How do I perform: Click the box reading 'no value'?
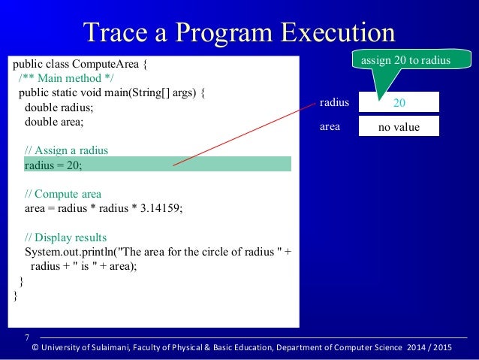398,127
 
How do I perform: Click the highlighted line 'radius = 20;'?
53,164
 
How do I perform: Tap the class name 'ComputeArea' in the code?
107,64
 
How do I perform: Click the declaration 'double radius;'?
60,107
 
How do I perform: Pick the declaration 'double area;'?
55,121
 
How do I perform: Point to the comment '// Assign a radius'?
66,150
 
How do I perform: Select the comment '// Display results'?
65,236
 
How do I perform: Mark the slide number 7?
27,337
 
